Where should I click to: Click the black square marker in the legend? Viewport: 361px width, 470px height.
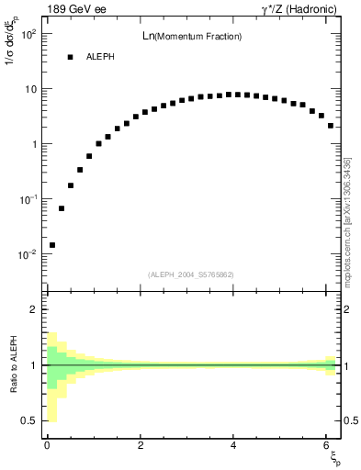click(x=70, y=57)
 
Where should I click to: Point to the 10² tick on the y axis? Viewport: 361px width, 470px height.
click(x=28, y=35)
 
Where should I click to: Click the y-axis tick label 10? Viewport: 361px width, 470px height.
click(x=30, y=89)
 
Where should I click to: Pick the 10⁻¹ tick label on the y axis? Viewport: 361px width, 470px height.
click(x=28, y=199)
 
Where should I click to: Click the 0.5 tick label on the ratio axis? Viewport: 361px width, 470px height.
click(x=30, y=420)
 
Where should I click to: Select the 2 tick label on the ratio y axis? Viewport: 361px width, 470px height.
click(x=34, y=309)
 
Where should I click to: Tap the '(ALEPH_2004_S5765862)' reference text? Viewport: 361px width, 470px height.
click(x=191, y=274)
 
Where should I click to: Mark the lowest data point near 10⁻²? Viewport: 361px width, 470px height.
click(x=52, y=245)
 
